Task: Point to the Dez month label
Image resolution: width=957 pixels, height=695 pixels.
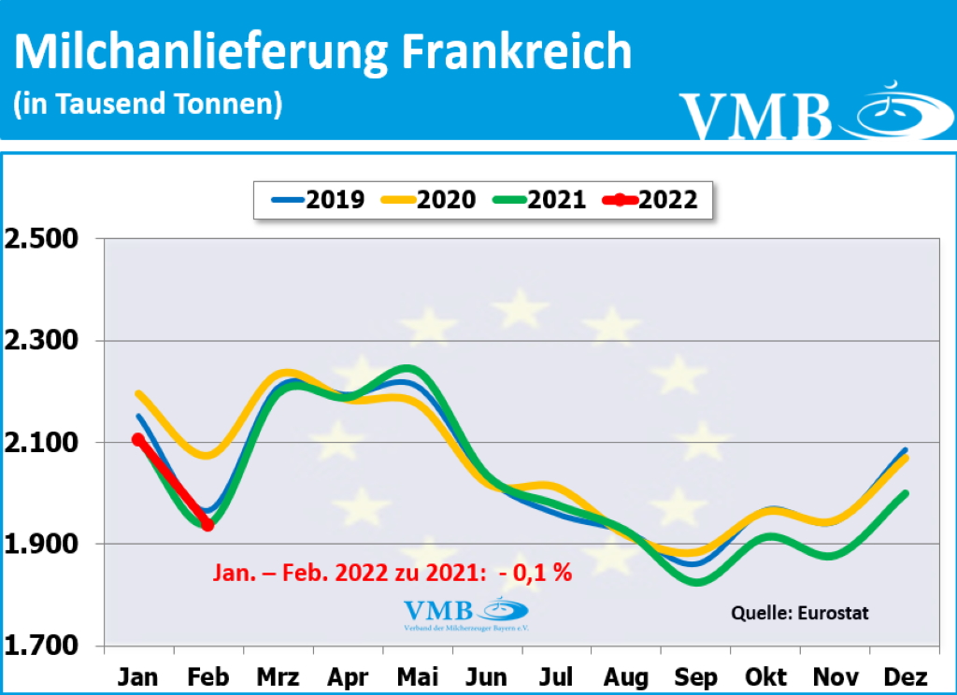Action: click(x=906, y=676)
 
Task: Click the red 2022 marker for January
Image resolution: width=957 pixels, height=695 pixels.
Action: click(x=137, y=439)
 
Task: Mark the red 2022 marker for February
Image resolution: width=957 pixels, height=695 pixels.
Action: click(x=207, y=525)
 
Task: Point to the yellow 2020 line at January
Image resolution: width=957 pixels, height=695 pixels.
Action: click(x=138, y=393)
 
